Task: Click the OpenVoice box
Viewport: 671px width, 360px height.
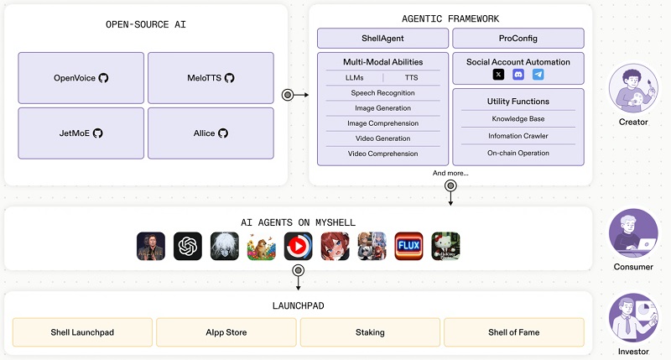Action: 81,78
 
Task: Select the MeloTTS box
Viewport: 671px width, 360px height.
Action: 211,78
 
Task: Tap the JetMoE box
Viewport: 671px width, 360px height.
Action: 81,133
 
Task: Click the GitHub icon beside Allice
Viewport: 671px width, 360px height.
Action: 223,133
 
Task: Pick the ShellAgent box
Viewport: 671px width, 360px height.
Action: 382,38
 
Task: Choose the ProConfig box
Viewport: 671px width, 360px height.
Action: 518,38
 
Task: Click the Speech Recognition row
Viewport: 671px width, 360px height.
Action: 382,92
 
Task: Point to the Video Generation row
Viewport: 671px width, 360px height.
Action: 382,138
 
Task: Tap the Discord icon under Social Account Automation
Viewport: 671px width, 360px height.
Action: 518,75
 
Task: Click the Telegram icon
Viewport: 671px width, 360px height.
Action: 538,75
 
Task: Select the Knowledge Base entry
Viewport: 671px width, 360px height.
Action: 518,118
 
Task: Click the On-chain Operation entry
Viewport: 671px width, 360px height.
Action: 518,153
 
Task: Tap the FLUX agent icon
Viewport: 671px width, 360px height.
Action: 408,246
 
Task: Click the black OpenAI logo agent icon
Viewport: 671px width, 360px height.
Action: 188,246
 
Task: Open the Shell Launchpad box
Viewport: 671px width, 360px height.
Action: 82,332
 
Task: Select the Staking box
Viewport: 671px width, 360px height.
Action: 370,332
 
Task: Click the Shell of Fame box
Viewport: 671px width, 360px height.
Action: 513,332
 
